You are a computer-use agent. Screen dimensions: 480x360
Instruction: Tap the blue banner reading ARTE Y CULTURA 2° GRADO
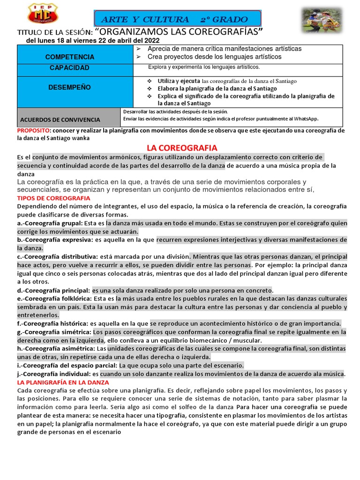(x=179, y=19)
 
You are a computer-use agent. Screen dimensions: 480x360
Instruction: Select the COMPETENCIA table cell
(x=69, y=57)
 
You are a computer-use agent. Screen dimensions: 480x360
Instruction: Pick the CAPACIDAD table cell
(x=69, y=68)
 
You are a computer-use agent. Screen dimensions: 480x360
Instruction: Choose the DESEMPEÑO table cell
(x=69, y=88)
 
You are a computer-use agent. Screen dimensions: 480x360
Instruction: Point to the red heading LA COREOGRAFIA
(x=182, y=148)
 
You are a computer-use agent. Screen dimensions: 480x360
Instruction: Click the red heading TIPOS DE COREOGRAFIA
(x=53, y=198)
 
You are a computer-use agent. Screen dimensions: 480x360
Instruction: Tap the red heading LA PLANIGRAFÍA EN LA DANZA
(x=63, y=382)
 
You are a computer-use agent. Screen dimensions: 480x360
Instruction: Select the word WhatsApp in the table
(x=305, y=119)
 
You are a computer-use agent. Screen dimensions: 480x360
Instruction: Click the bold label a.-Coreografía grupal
(x=50, y=224)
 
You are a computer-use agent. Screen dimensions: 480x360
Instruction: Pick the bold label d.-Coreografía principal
(x=53, y=290)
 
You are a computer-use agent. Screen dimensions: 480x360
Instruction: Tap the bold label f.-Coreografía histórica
(x=52, y=323)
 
